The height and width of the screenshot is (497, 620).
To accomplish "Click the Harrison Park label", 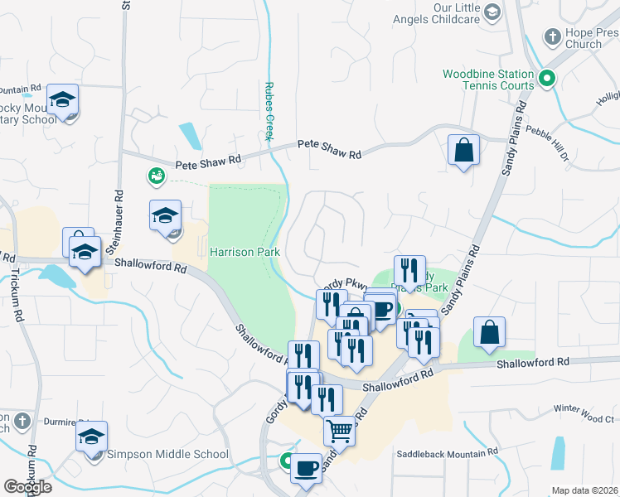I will click(245, 252).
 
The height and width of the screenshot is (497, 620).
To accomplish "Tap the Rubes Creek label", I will click(269, 111).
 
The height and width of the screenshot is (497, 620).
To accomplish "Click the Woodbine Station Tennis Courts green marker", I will click(546, 80).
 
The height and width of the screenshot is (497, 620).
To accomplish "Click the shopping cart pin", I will click(338, 431).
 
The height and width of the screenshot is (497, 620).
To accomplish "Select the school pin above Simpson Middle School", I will click(92, 437).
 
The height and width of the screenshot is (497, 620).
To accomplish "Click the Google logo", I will click(27, 486).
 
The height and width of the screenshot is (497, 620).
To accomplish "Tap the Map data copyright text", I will click(585, 490).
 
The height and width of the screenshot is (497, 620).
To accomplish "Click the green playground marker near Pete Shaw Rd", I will click(155, 176).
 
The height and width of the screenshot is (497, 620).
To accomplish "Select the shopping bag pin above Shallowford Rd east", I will click(489, 333).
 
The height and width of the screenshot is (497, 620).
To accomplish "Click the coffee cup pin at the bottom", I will click(306, 468).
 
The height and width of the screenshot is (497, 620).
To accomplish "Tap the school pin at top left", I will click(63, 100).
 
